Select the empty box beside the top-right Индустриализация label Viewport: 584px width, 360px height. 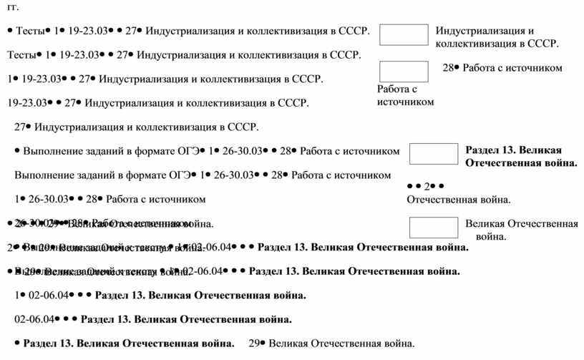(x=403, y=35)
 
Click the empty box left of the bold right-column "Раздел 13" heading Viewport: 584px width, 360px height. (x=432, y=154)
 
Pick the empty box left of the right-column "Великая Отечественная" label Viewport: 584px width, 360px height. (x=432, y=228)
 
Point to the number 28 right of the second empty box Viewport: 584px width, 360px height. (x=449, y=68)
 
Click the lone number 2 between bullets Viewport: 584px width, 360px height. (x=427, y=186)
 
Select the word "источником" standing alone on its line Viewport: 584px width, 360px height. (x=406, y=102)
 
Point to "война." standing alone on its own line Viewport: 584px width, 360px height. (x=490, y=236)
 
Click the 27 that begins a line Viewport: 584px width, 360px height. (x=20, y=127)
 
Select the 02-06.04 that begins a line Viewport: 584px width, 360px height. (x=34, y=319)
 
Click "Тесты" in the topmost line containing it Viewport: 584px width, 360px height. (x=30, y=31)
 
